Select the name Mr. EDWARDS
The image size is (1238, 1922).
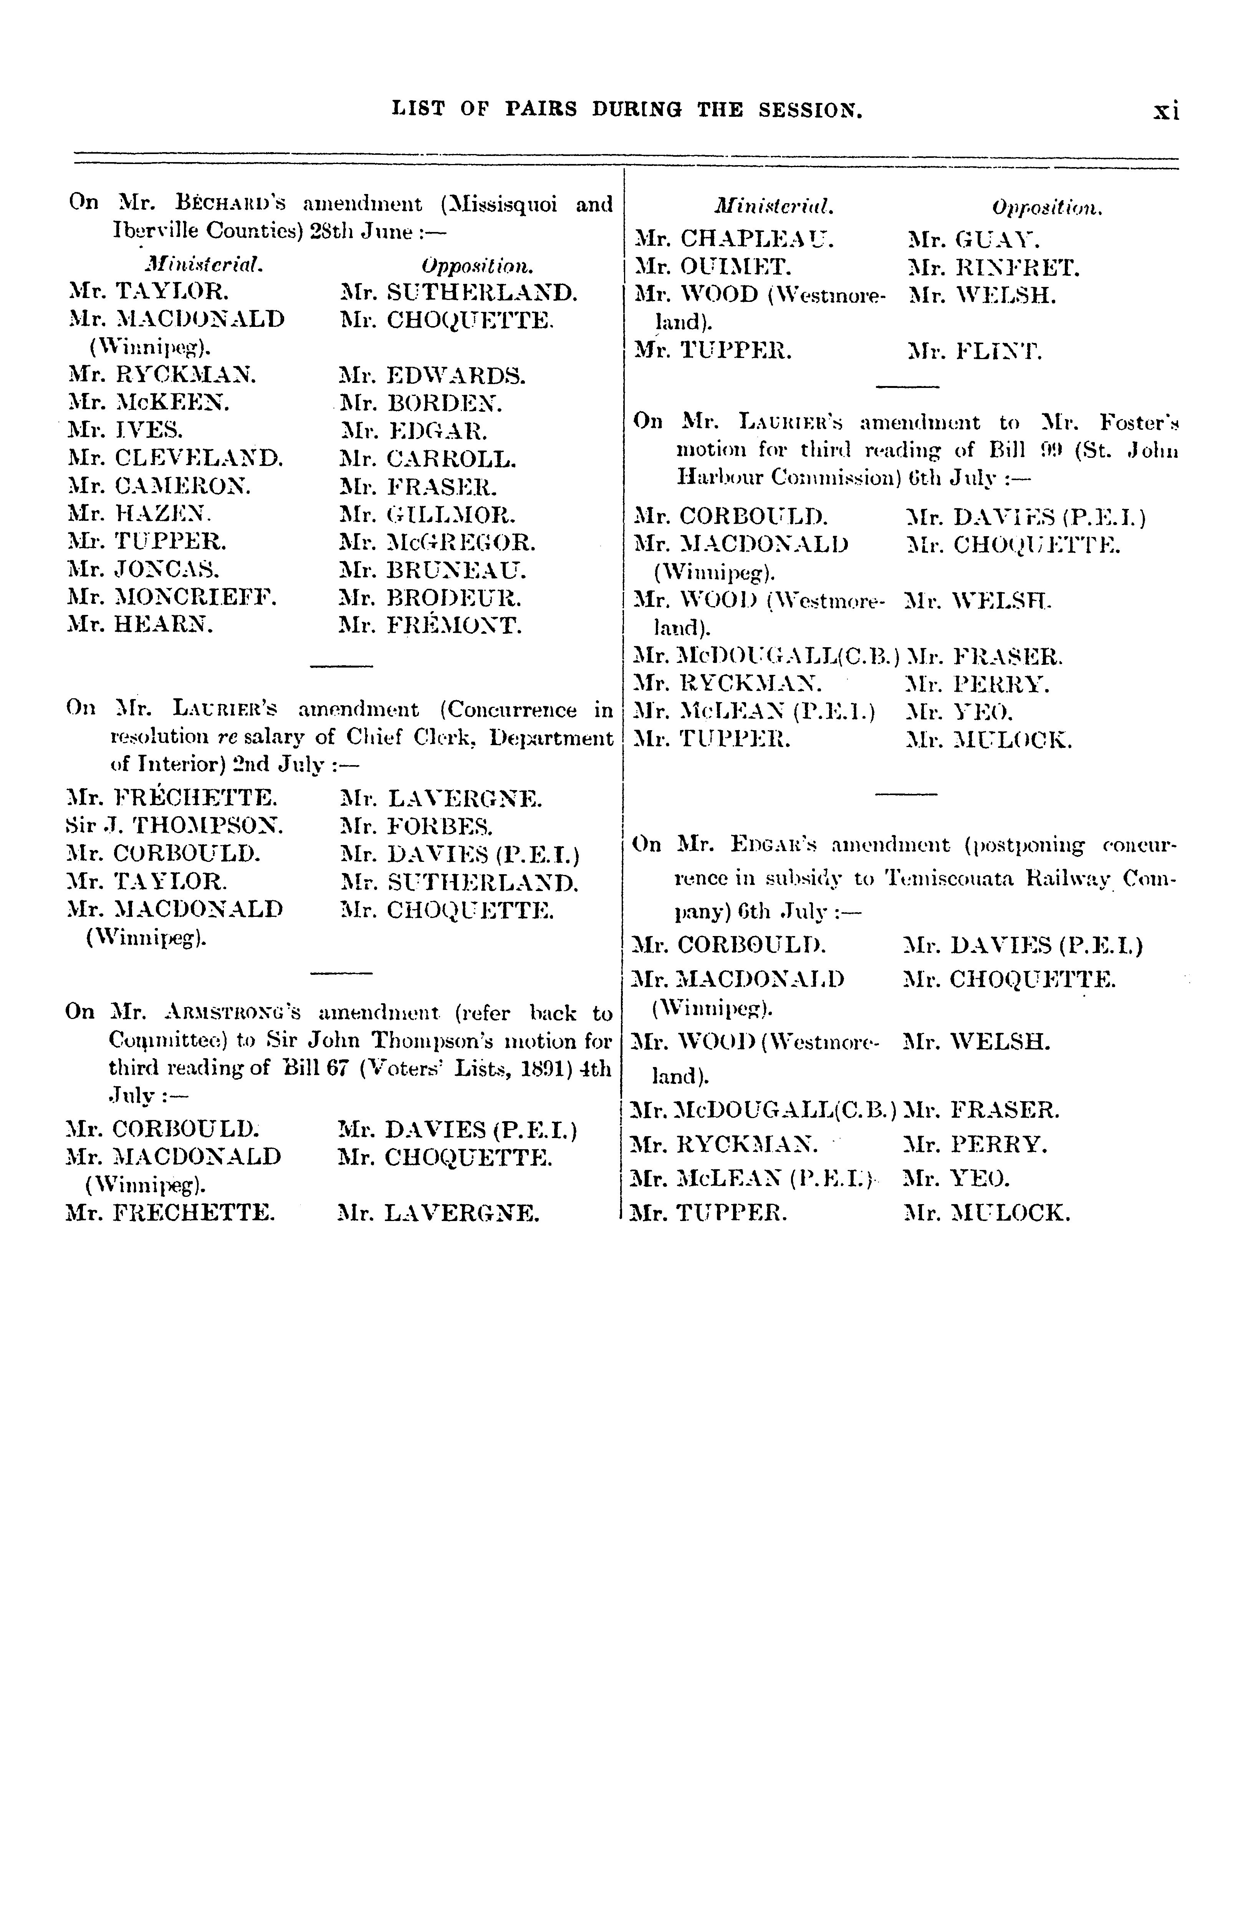pos(432,375)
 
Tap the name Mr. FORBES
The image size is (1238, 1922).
pos(416,825)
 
